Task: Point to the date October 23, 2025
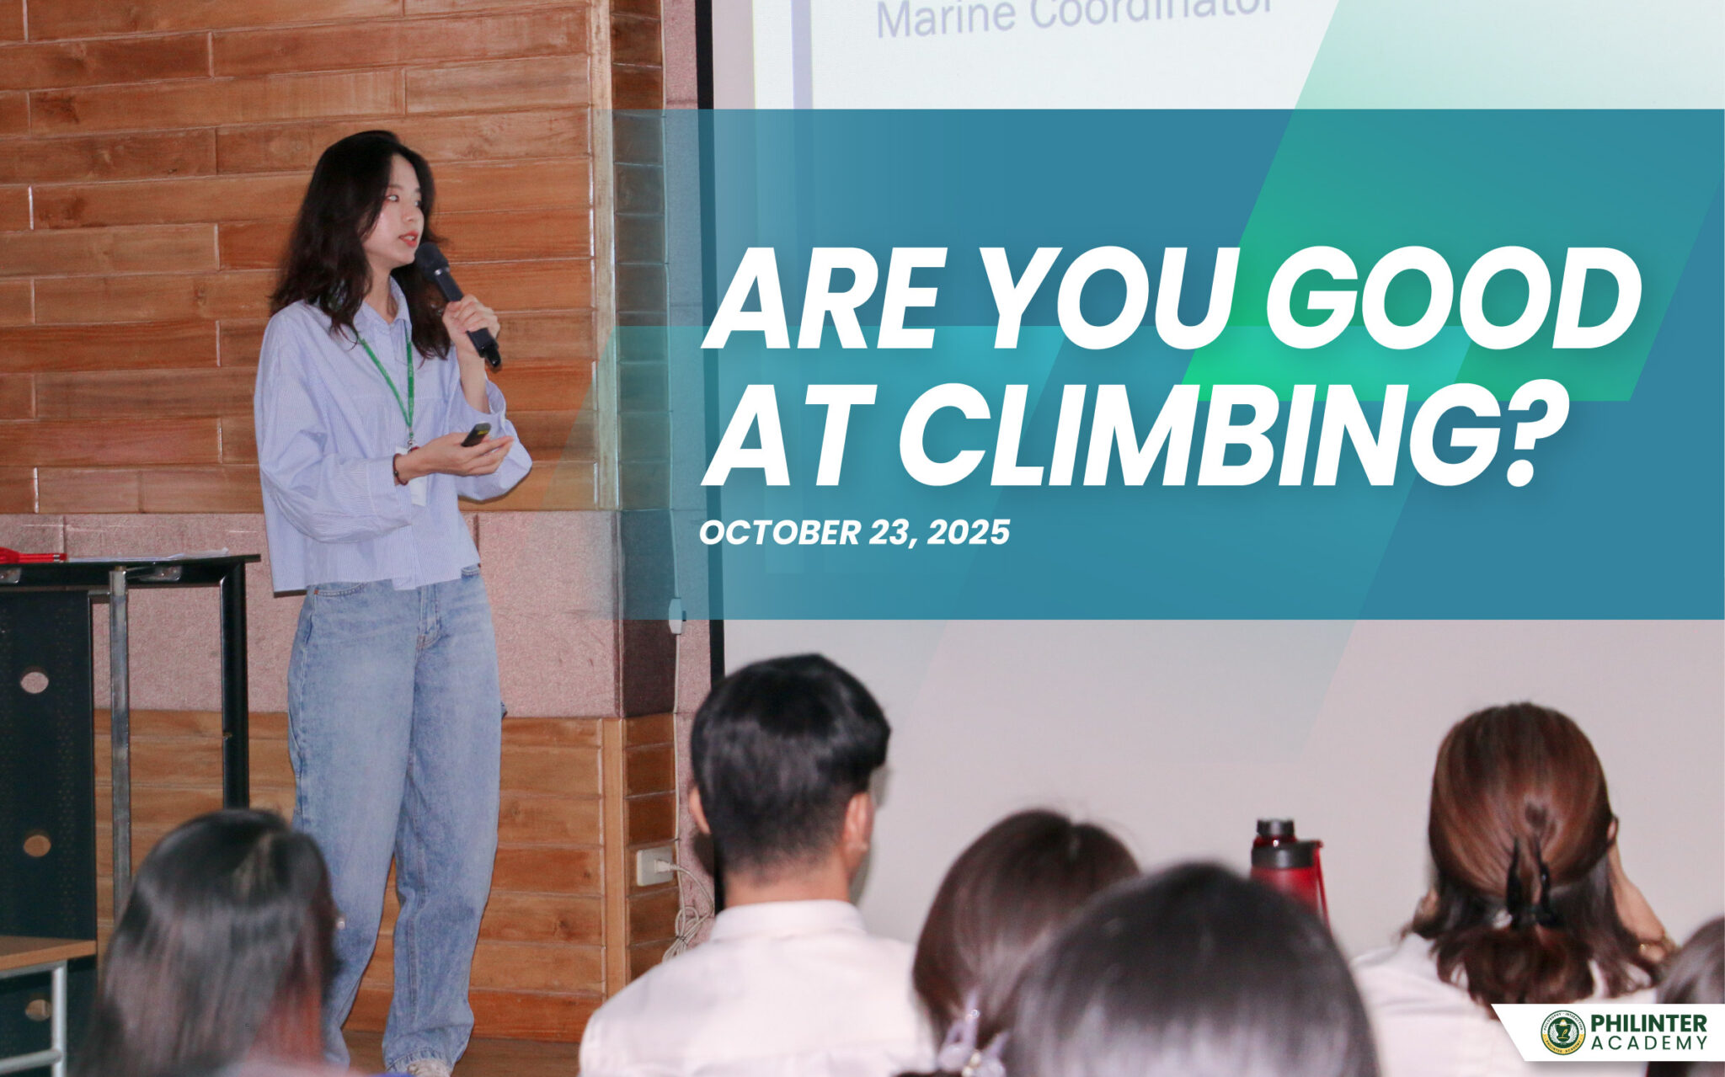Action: (854, 532)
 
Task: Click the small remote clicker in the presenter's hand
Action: (476, 435)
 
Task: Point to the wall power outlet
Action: (653, 866)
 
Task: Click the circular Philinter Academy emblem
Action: (1563, 1032)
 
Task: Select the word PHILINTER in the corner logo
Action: (1648, 1023)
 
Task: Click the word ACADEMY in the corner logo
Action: (1648, 1044)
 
